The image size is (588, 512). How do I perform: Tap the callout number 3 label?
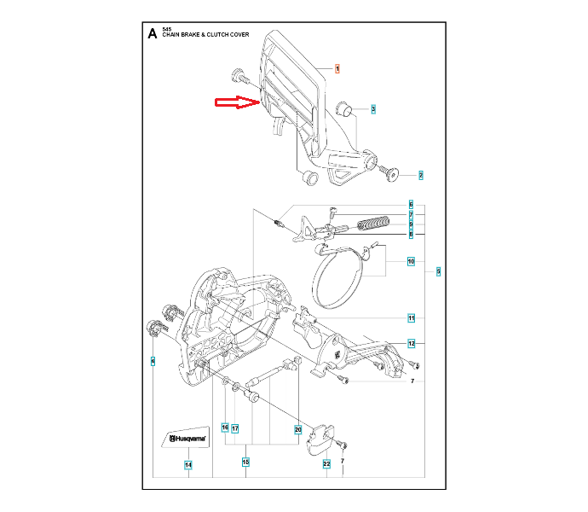[x=373, y=109]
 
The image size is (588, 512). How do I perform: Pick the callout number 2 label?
[x=420, y=175]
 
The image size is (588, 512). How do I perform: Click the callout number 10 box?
[x=411, y=262]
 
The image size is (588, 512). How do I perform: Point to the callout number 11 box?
[x=411, y=318]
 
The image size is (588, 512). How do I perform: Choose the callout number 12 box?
[x=411, y=344]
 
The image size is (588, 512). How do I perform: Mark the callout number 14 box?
[x=188, y=464]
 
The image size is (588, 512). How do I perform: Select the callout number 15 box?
[x=245, y=462]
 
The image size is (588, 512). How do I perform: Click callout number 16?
[x=226, y=428]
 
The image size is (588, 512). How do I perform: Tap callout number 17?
[x=235, y=428]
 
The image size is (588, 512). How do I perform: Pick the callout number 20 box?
[x=298, y=428]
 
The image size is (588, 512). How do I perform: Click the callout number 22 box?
[x=326, y=464]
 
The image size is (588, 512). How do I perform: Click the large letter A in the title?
[x=152, y=34]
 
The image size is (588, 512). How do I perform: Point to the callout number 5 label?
[x=437, y=272]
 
